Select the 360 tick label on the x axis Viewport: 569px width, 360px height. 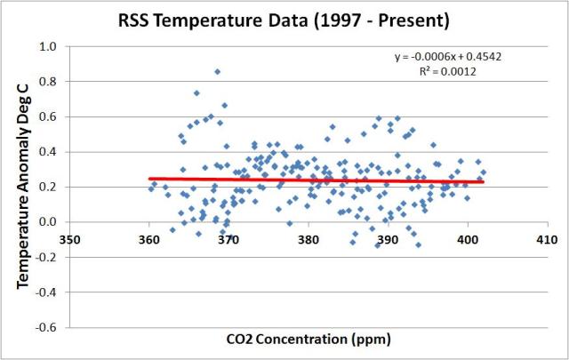[148, 239]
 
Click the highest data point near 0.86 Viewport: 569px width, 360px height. [217, 71]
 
